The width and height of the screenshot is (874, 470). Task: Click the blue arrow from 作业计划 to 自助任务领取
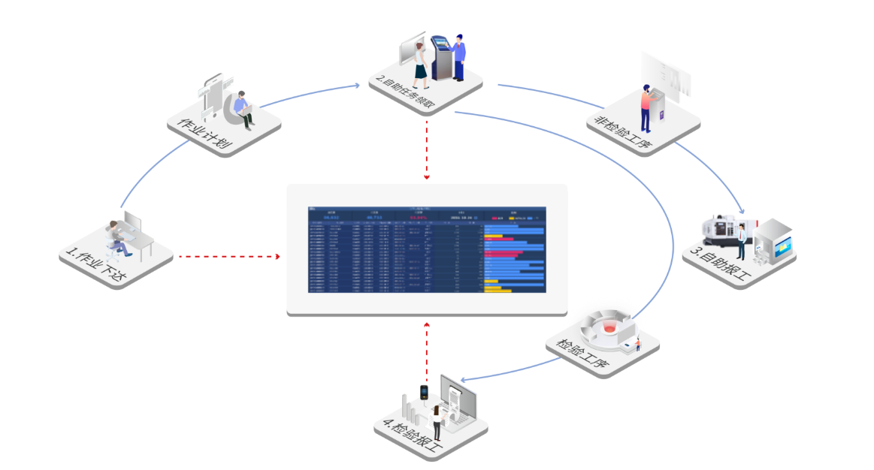(308, 95)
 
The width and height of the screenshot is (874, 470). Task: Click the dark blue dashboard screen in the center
(427, 249)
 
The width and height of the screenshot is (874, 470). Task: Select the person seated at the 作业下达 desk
(116, 234)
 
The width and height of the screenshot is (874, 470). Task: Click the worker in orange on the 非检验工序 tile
(646, 107)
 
